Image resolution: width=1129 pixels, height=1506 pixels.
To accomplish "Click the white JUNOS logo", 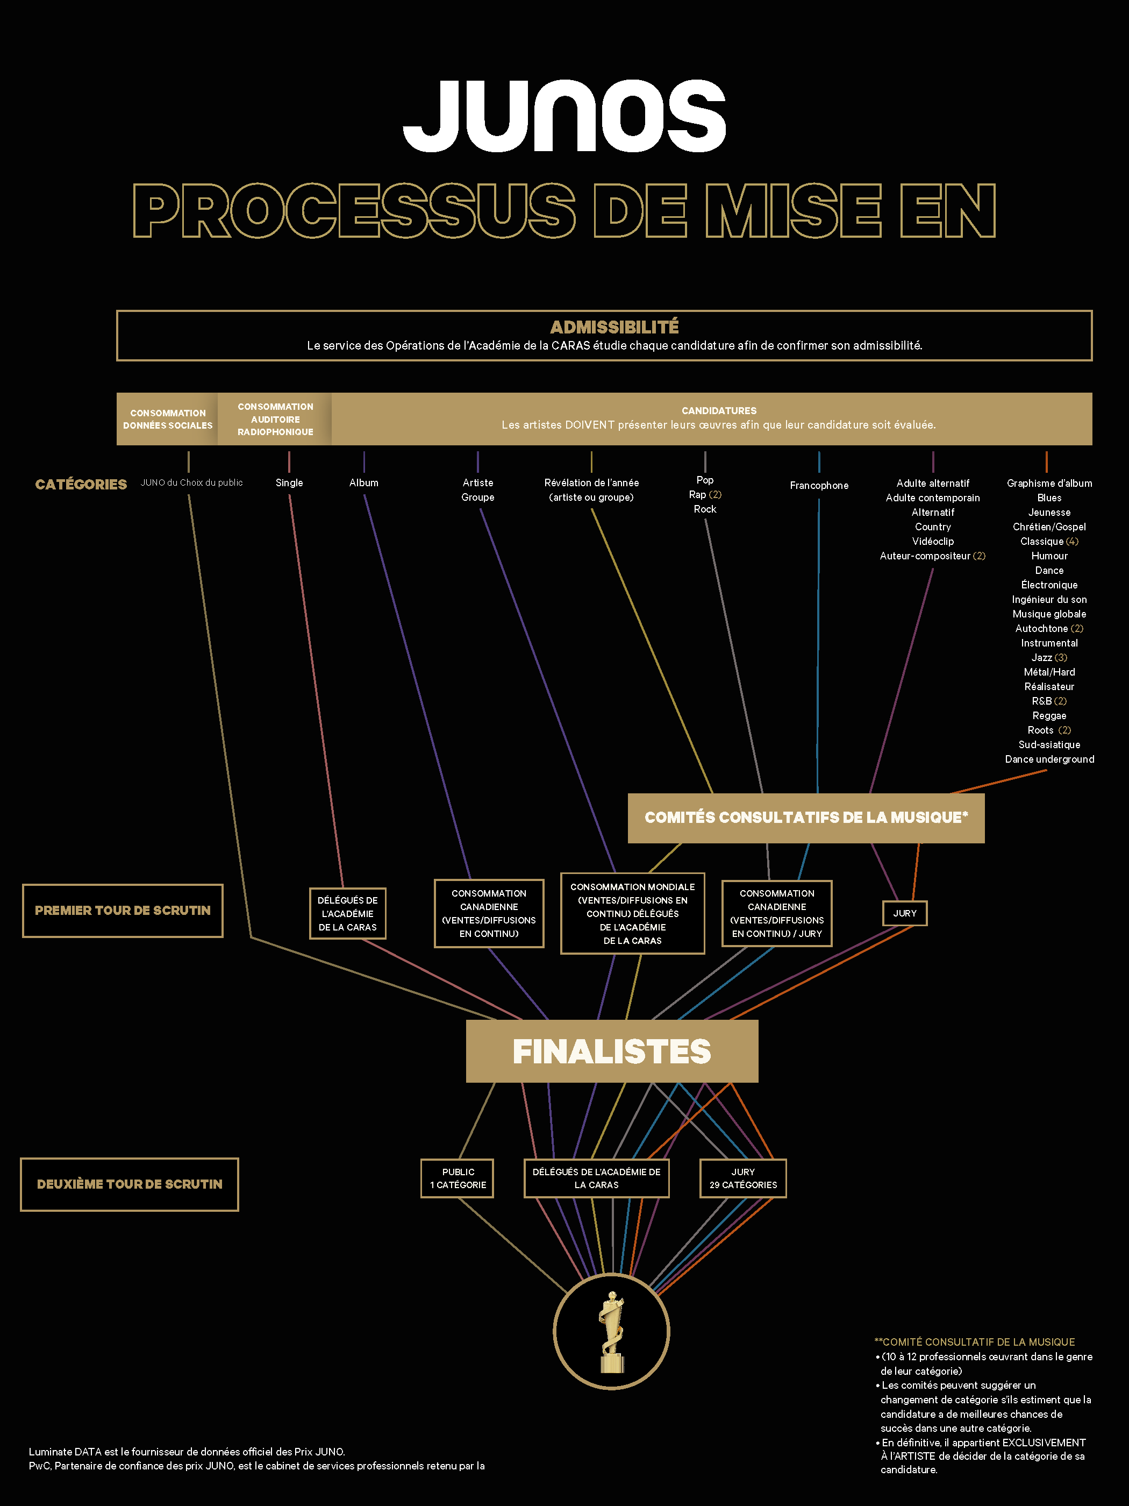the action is tap(564, 116).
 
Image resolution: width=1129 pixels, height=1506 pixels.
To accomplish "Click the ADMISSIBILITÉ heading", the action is tap(614, 327).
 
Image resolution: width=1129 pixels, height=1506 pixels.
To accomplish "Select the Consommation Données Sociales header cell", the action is tap(167, 418).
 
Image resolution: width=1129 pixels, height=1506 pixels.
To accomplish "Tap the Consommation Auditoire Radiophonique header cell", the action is tap(275, 418).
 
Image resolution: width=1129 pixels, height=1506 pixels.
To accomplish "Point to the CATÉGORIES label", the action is tap(81, 484).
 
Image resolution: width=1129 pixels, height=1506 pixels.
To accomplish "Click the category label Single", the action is tap(289, 482).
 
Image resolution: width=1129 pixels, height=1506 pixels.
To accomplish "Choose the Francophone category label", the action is tap(819, 486).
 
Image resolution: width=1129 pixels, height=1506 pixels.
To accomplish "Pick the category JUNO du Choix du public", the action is tap(191, 482).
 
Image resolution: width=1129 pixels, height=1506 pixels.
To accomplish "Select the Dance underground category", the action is tap(1049, 759).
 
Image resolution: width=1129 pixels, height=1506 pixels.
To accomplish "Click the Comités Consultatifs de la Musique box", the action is tap(806, 818).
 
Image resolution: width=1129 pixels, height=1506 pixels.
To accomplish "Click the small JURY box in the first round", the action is tap(904, 913).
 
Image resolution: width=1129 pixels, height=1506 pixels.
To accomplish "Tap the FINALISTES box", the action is tap(612, 1051).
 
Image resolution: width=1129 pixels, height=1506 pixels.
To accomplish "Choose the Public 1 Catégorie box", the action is tap(458, 1178).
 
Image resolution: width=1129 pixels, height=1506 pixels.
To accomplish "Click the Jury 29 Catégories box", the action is tap(743, 1178).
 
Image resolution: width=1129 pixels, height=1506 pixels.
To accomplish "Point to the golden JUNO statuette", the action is tap(612, 1332).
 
